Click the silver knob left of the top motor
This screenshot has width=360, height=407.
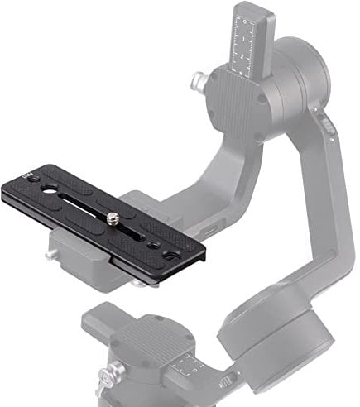click(199, 82)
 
